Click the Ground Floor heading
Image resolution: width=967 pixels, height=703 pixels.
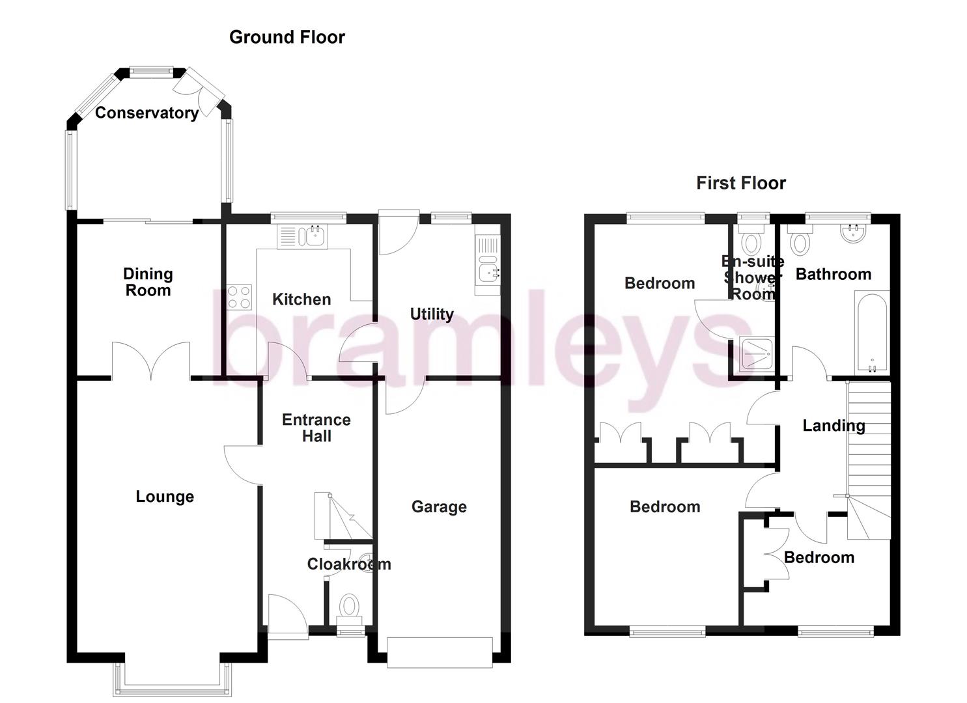click(287, 37)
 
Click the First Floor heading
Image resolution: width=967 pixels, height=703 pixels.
click(740, 183)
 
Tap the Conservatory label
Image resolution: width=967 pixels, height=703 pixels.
click(147, 113)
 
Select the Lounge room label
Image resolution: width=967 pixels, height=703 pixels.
click(165, 497)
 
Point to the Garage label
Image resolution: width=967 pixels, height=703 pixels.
click(439, 506)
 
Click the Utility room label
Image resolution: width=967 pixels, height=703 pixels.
click(432, 314)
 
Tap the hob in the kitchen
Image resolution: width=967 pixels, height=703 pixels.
click(239, 297)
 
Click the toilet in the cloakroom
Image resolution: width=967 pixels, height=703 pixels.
click(350, 607)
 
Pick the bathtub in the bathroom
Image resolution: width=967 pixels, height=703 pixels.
click(871, 332)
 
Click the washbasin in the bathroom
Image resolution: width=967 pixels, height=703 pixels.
click(853, 233)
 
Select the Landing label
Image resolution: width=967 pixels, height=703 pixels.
click(834, 426)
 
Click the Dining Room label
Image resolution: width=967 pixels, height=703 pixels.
click(148, 282)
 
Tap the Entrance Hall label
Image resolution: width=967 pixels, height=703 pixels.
click(316, 428)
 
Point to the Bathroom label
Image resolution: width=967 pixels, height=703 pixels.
click(834, 274)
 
